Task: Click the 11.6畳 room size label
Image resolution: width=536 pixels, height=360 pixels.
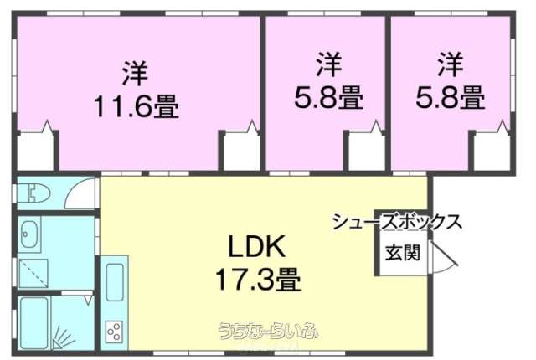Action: tap(136, 105)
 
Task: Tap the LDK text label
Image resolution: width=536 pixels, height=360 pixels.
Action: tap(256, 247)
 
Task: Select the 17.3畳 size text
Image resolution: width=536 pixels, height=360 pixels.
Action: tap(258, 279)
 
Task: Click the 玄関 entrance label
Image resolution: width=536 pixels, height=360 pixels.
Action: tap(402, 253)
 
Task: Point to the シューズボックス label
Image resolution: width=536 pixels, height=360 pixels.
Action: tap(397, 221)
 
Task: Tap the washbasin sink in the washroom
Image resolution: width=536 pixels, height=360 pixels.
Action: tap(29, 234)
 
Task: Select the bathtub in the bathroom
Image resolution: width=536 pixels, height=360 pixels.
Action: tap(34, 323)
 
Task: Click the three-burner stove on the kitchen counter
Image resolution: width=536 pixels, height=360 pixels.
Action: tap(115, 331)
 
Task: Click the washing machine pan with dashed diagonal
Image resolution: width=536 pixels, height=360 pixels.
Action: tap(33, 273)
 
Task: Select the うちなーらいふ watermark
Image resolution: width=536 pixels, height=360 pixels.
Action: tap(269, 331)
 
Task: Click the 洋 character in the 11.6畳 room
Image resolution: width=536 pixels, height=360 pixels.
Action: tap(136, 73)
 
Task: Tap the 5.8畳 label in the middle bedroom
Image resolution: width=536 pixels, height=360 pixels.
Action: tap(328, 97)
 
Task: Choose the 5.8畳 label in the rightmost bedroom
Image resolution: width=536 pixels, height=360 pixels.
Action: tap(451, 97)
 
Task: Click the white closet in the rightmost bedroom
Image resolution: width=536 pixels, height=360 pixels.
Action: tap(492, 152)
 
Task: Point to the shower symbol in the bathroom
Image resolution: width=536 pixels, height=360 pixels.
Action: tap(64, 337)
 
